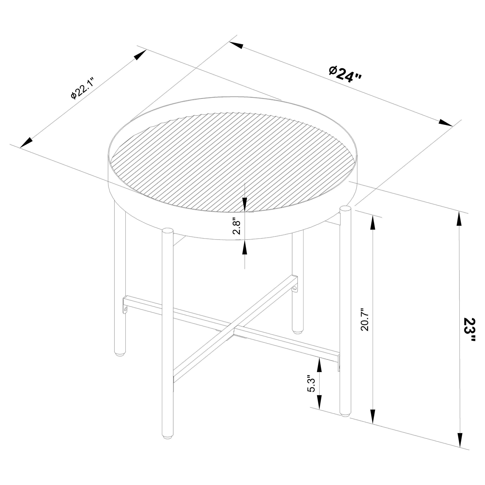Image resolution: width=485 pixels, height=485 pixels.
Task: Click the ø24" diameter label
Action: pos(346,74)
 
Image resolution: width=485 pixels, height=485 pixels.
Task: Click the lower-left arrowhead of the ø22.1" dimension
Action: pos(27,143)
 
